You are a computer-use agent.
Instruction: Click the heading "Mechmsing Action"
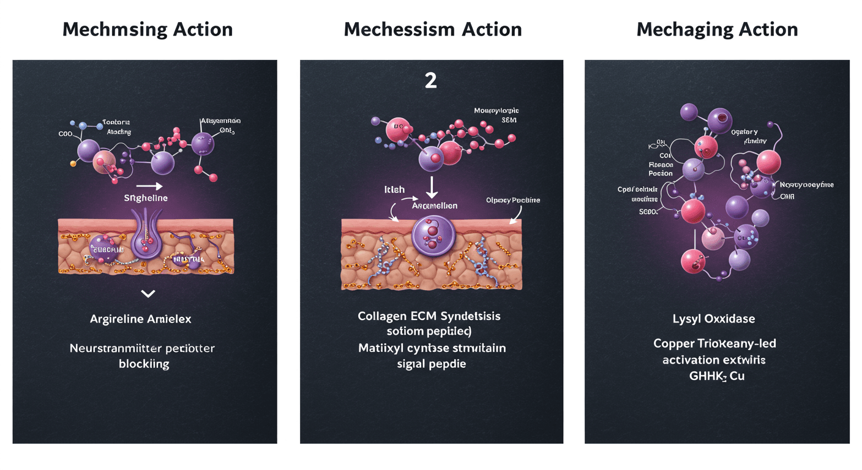(148, 29)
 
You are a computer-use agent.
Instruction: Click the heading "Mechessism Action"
(432, 29)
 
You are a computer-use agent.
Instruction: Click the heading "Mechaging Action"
(717, 29)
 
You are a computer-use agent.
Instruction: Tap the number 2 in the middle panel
(431, 81)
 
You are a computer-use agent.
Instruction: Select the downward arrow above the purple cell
(432, 185)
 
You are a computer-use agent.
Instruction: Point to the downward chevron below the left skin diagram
(148, 294)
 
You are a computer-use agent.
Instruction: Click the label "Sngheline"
(146, 198)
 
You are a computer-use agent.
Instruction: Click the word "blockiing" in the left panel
(144, 364)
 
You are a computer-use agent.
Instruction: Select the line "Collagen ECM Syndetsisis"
(429, 316)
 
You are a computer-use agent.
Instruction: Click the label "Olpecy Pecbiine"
(513, 200)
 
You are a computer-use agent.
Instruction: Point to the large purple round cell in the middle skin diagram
(432, 238)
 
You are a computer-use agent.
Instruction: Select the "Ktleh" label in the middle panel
(394, 190)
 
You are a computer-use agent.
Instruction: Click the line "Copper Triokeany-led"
(715, 343)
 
